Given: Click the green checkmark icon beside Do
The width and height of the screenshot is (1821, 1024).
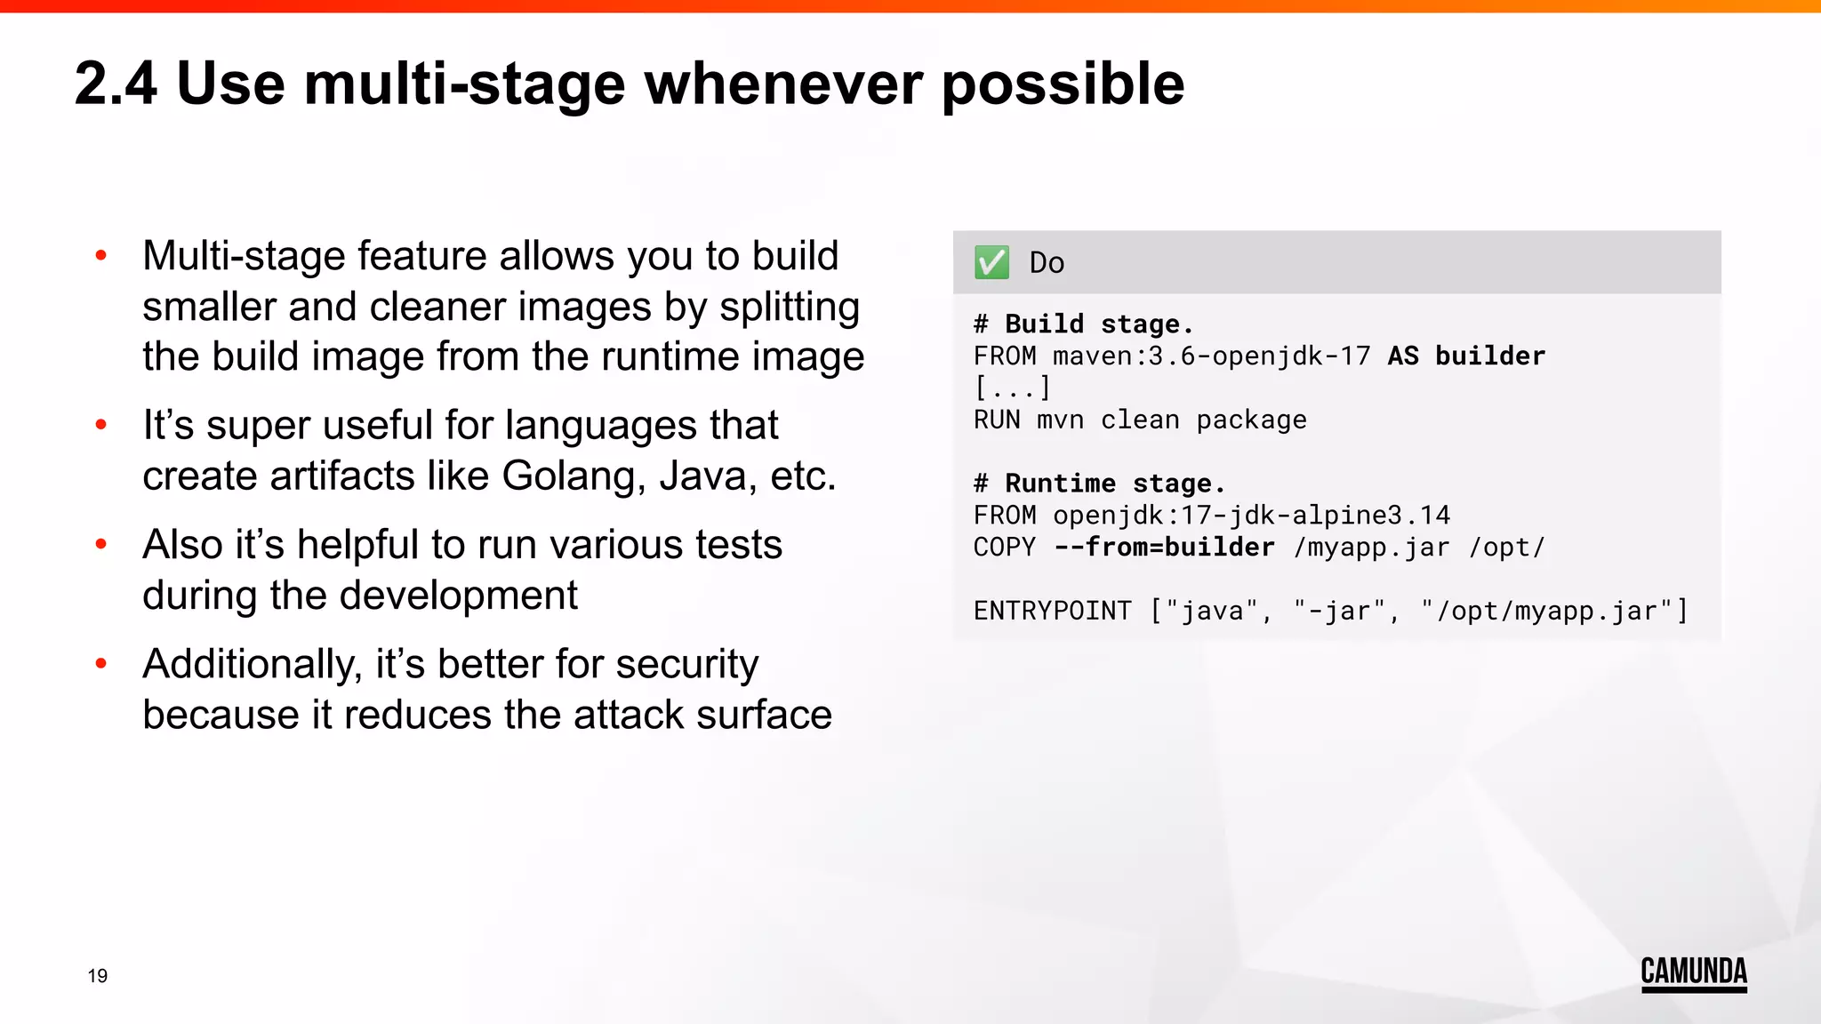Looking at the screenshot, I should click(991, 262).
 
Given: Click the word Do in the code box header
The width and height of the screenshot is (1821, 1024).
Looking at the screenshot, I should click(1047, 263).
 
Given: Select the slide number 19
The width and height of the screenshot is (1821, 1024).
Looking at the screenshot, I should click(98, 976).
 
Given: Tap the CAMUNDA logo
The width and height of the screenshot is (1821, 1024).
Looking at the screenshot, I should click(1693, 972).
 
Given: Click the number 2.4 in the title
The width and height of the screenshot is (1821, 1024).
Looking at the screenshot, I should click(116, 84).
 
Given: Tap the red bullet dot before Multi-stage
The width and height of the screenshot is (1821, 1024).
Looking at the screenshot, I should click(101, 256).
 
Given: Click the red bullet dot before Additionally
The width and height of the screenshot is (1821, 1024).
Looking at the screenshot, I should click(101, 663).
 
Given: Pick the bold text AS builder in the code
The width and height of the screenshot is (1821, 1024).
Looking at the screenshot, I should click(1466, 356).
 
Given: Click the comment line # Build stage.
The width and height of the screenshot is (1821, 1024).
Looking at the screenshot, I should click(1083, 324).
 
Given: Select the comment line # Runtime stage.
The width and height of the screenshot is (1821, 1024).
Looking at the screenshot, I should click(1099, 484).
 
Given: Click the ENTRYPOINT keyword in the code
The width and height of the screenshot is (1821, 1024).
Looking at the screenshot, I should click(1052, 612).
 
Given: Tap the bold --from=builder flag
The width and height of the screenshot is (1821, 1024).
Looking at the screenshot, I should click(1164, 548).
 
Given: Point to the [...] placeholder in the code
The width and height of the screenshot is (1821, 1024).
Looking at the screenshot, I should click(1012, 388).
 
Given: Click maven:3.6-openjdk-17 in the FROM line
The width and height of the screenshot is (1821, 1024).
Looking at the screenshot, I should click(1211, 356).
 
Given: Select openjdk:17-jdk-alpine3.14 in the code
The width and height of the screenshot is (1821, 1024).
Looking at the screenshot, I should click(1251, 516).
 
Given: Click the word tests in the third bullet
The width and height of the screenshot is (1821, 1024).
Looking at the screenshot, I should click(738, 545).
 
